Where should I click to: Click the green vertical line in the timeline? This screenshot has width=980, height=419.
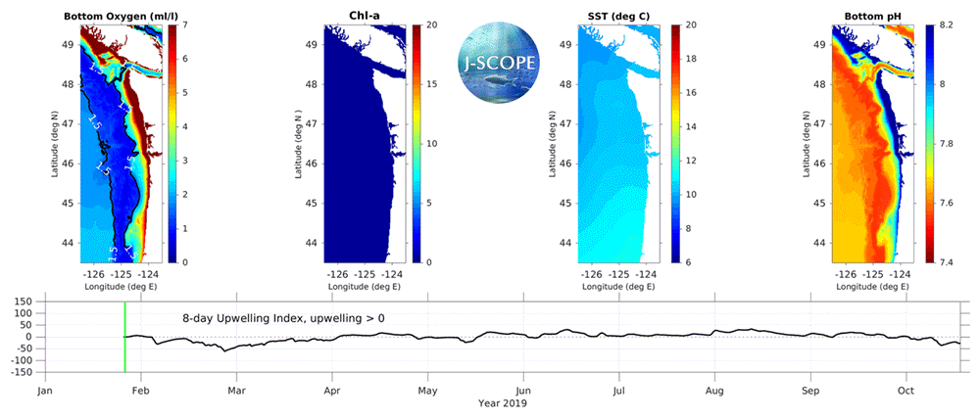(124, 337)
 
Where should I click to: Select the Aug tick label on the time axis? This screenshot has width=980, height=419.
(715, 390)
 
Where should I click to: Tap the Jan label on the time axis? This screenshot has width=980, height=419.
(45, 390)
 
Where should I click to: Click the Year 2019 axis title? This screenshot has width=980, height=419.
(502, 402)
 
